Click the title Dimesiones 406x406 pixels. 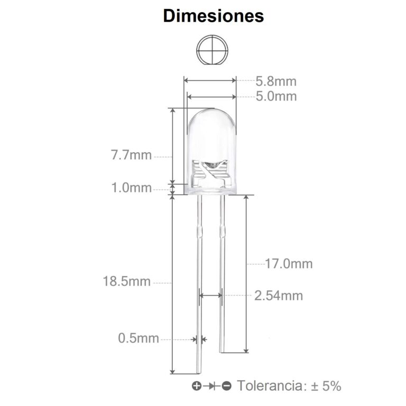click(x=213, y=16)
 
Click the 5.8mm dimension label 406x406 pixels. click(x=276, y=81)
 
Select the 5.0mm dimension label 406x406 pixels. click(x=276, y=96)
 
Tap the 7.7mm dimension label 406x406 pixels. click(x=131, y=155)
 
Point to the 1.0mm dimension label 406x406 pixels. click(x=131, y=188)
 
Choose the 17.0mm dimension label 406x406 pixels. click(x=289, y=263)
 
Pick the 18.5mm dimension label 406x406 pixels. click(x=127, y=281)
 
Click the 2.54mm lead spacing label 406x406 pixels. click(x=279, y=296)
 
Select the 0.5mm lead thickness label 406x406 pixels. click(x=139, y=338)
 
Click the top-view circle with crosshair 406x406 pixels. click(x=214, y=51)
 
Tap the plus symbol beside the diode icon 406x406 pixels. click(x=196, y=386)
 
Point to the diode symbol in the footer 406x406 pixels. click(x=211, y=386)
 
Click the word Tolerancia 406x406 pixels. click(x=270, y=386)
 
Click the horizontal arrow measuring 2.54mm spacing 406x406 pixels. click(x=210, y=296)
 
